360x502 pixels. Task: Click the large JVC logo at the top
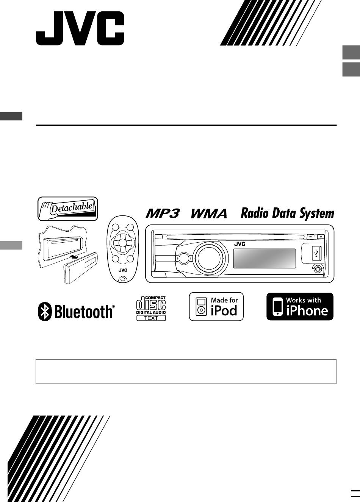80,28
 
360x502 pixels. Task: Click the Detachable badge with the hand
68,209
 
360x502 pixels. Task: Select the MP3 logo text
163,214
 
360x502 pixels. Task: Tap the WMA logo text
209,214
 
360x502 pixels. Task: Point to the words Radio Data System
288,214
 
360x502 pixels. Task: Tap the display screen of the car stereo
264,258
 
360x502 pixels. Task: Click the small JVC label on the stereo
239,244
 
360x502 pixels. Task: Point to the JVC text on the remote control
122,270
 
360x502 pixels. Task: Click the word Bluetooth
84,312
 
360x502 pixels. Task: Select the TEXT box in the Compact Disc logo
151,318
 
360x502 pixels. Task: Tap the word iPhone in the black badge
307,311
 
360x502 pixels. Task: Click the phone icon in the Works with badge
278,307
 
